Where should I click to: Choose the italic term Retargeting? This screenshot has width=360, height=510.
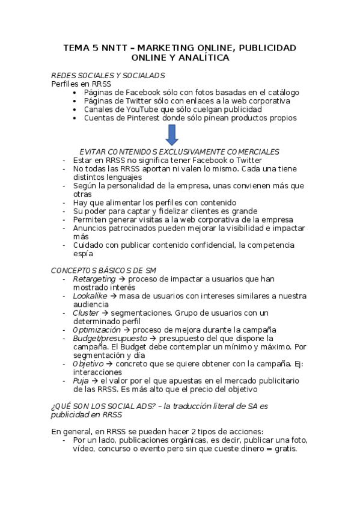94,279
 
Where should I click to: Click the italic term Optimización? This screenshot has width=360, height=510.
97,330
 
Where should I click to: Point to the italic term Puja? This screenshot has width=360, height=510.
81,381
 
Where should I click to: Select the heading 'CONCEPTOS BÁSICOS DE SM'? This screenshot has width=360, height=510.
103,271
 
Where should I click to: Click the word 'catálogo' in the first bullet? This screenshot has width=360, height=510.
281,93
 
